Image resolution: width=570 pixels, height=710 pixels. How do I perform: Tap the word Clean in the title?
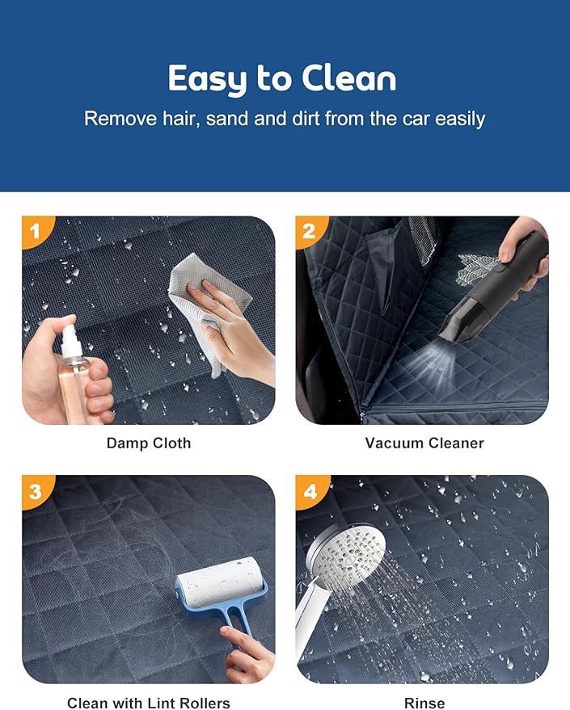point(349,78)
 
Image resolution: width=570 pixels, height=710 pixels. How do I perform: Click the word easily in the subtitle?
point(460,120)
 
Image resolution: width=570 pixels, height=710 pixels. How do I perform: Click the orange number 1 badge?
point(36,230)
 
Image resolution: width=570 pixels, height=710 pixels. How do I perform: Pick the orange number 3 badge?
point(36,490)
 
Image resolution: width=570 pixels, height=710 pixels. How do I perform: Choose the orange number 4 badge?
point(310,490)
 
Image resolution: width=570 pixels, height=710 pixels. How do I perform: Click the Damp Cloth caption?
point(149,443)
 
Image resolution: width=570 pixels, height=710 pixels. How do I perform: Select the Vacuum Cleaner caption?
point(424,443)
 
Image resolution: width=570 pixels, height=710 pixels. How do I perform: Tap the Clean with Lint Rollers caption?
point(149,703)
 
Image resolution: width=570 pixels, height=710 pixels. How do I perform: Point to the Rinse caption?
point(424,703)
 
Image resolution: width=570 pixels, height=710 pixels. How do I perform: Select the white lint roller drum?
point(220,582)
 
